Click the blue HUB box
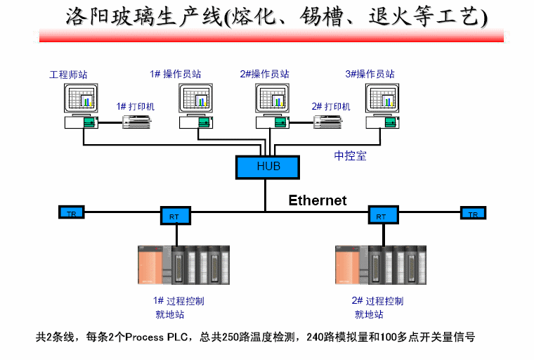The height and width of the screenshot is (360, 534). (x=268, y=167)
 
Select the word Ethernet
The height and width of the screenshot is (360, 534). (x=318, y=200)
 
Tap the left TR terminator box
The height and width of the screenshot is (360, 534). (x=71, y=212)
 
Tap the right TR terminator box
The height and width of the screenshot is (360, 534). (x=473, y=213)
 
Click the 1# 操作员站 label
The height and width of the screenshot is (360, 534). (x=176, y=74)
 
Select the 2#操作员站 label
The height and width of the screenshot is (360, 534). (x=265, y=74)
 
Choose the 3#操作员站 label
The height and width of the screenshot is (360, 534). (x=370, y=74)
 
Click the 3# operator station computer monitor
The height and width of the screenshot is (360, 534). (x=383, y=98)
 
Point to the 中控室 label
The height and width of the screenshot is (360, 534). (x=350, y=155)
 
